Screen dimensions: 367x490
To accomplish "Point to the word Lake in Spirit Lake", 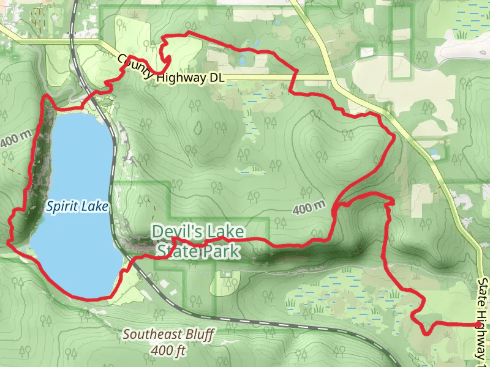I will pos(94,207).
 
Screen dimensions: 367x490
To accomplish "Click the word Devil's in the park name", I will pos(177,232).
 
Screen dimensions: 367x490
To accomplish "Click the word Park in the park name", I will pos(219,251).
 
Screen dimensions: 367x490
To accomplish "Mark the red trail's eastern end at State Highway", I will pos(477,325).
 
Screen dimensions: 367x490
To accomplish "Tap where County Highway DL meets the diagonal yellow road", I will pos(331,78).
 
